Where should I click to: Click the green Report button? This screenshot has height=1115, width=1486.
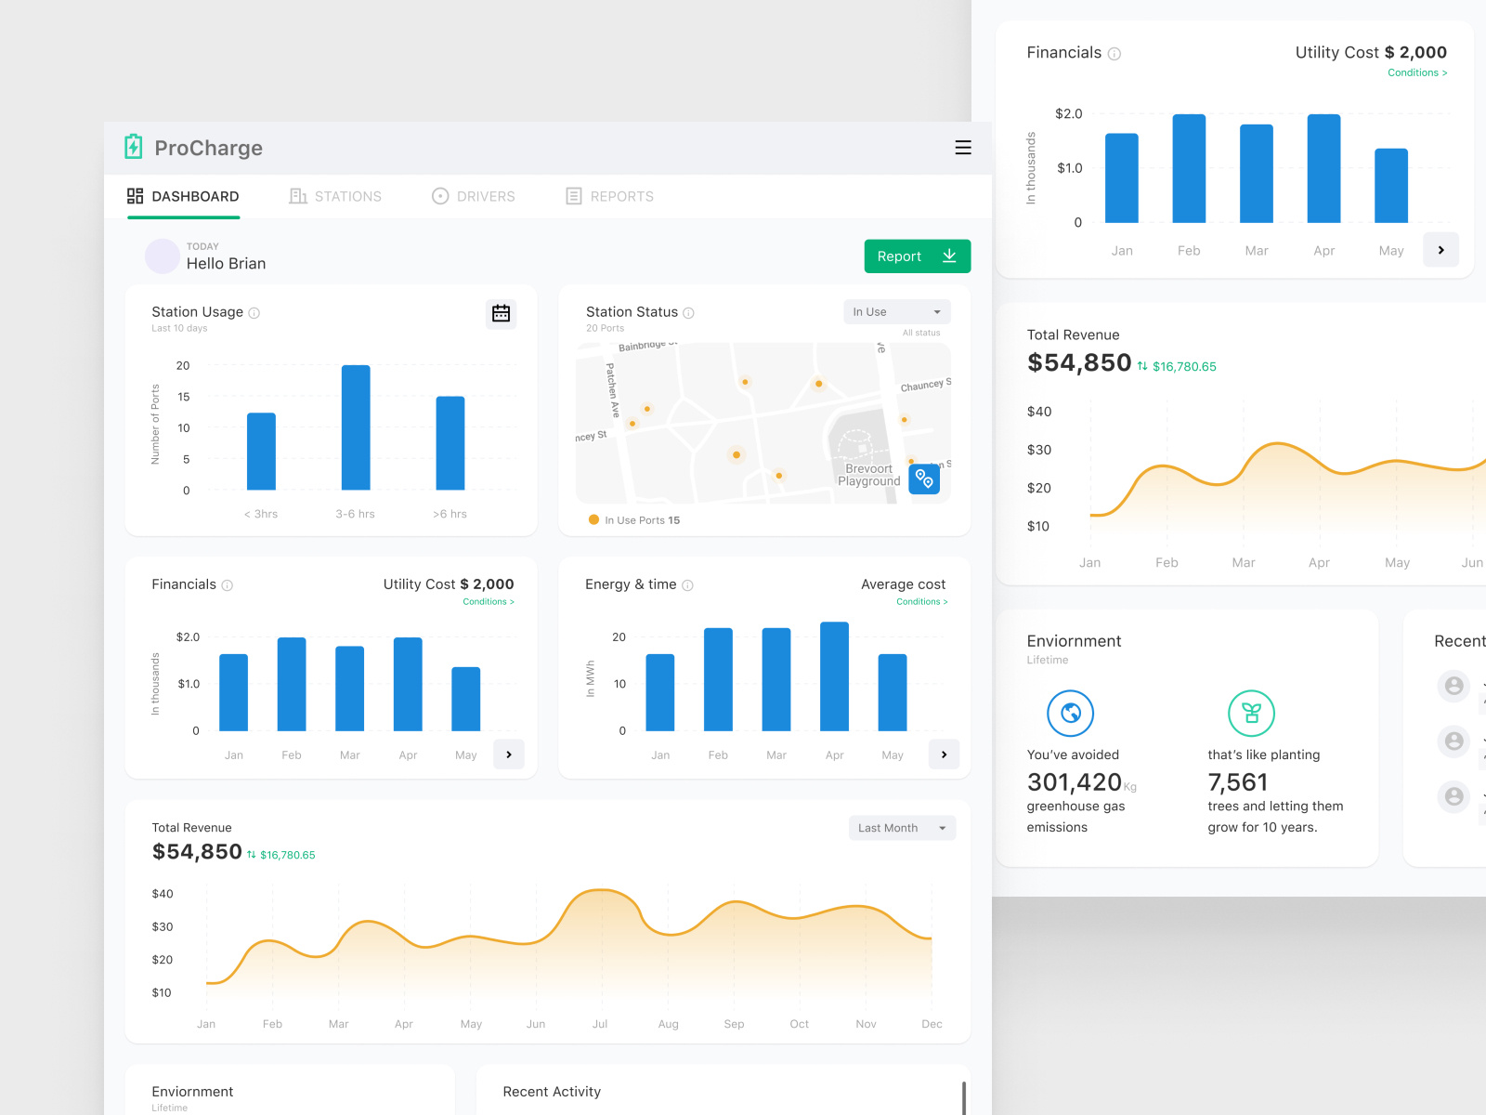pyautogui.click(x=917, y=256)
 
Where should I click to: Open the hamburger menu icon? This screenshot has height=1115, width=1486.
pyautogui.click(x=963, y=148)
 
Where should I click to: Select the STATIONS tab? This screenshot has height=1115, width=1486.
pyautogui.click(x=335, y=196)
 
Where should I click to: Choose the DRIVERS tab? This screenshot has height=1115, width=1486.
pyautogui.click(x=474, y=196)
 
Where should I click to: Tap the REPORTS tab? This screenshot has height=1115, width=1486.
pyautogui.click(x=610, y=196)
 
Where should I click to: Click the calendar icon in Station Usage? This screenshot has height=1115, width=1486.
pyautogui.click(x=501, y=313)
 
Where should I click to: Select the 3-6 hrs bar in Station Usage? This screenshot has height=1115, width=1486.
pyautogui.click(x=356, y=427)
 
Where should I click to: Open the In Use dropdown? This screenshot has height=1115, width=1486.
pyautogui.click(x=896, y=312)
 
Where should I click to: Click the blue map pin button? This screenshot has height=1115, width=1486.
pyautogui.click(x=924, y=479)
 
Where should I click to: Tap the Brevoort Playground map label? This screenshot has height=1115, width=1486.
pyautogui.click(x=869, y=475)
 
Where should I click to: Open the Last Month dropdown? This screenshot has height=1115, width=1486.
pyautogui.click(x=902, y=828)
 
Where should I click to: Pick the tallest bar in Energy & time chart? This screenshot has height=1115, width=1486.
pyautogui.click(x=834, y=676)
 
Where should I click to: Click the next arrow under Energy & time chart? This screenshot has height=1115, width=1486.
pyautogui.click(x=944, y=754)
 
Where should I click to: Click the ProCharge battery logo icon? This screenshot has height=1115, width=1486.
pyautogui.click(x=134, y=147)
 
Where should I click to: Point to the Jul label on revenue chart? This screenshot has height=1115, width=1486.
pyautogui.click(x=600, y=1024)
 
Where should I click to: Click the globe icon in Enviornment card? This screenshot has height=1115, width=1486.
pyautogui.click(x=1070, y=714)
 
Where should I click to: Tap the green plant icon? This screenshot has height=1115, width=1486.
pyautogui.click(x=1251, y=714)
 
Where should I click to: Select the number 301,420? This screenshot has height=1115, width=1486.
pyautogui.click(x=1074, y=782)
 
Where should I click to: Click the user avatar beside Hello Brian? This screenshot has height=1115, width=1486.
pyautogui.click(x=163, y=256)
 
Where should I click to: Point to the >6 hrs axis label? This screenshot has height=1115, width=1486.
pyautogui.click(x=450, y=514)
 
